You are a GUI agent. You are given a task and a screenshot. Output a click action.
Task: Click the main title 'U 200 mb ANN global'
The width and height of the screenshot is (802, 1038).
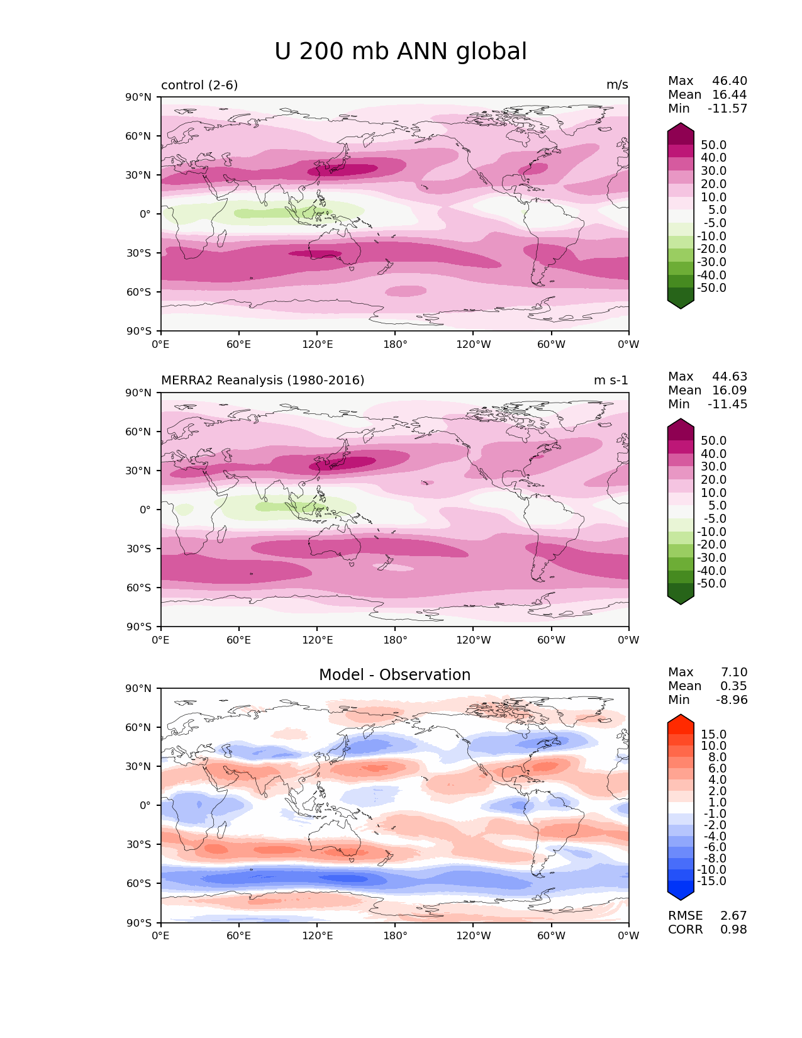(401, 52)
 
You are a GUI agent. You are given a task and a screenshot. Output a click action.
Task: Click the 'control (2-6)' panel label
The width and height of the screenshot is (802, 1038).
(199, 85)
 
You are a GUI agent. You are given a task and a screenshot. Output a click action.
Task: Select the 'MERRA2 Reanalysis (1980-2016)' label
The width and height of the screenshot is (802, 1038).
(262, 381)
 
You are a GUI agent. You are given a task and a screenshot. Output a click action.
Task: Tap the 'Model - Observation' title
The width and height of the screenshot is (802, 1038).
(394, 675)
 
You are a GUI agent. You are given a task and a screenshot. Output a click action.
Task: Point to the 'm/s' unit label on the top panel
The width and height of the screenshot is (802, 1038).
(617, 85)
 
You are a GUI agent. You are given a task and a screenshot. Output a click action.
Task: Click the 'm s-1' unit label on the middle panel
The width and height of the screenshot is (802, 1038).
(611, 381)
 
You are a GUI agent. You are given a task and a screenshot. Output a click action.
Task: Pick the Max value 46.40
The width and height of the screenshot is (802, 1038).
(730, 81)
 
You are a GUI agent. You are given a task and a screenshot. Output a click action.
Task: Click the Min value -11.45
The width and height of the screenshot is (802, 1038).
(728, 405)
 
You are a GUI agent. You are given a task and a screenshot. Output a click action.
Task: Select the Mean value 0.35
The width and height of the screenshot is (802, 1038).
(733, 686)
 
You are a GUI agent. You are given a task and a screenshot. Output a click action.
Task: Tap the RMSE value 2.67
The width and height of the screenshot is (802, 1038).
(733, 916)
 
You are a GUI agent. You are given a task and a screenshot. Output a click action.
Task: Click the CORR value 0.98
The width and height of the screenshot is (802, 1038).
(733, 930)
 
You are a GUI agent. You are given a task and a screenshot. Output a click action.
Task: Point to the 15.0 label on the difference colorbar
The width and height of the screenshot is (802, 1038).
(714, 735)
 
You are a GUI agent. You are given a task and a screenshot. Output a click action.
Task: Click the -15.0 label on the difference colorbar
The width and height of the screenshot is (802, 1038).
(711, 881)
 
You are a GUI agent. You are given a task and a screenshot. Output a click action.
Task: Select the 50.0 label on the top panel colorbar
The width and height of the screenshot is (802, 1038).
(714, 145)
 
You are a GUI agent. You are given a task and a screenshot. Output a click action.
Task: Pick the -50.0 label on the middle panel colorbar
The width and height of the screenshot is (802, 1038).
(711, 584)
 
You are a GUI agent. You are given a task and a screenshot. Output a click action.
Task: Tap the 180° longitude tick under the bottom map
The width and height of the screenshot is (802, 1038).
(395, 936)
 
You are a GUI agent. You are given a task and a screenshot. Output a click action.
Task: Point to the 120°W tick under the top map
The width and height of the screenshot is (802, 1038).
(474, 345)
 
